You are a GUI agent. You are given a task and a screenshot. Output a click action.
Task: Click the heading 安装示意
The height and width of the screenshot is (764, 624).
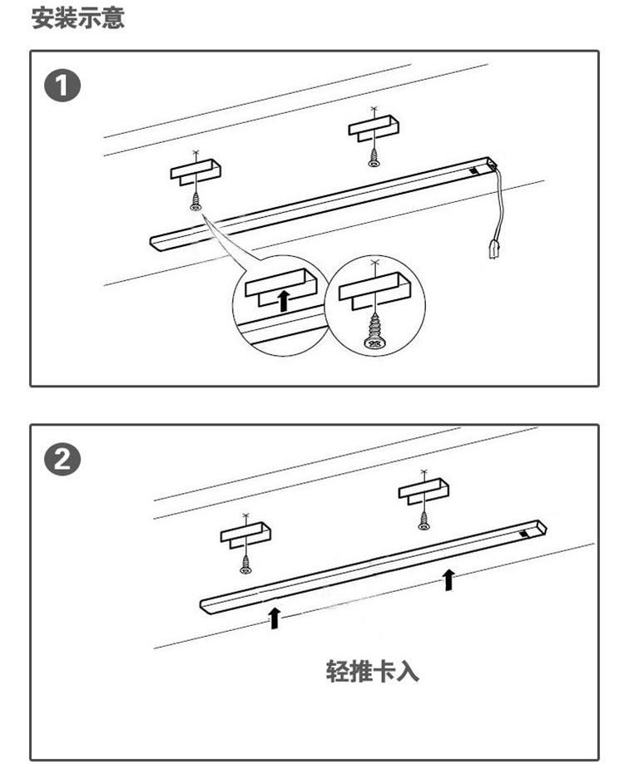[78, 18]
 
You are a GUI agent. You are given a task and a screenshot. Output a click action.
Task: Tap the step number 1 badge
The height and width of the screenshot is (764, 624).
[62, 87]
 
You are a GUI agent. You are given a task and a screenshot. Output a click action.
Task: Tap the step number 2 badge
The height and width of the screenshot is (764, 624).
[62, 460]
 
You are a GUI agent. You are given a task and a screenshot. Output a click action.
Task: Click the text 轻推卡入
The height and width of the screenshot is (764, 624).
[372, 671]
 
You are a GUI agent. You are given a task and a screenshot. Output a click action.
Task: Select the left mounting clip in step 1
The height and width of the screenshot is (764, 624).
[196, 170]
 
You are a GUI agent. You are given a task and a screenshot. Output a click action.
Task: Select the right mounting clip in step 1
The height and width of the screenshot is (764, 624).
[374, 126]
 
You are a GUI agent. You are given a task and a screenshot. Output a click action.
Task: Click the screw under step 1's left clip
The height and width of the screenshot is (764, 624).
[196, 202]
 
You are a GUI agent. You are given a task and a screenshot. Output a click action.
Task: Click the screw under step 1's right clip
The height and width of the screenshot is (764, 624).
[374, 157]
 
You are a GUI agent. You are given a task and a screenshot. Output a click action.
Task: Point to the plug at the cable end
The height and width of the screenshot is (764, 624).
[491, 247]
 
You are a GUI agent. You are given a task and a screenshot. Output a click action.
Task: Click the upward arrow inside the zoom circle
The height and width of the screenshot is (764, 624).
[284, 299]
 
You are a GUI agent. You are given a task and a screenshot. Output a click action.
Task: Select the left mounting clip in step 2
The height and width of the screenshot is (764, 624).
[245, 533]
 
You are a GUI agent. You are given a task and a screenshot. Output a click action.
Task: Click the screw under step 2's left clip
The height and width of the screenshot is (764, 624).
[245, 564]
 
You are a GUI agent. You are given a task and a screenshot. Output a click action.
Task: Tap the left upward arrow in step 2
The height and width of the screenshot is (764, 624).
[274, 617]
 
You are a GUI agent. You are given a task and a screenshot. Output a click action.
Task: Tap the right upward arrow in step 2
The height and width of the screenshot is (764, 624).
[449, 579]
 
